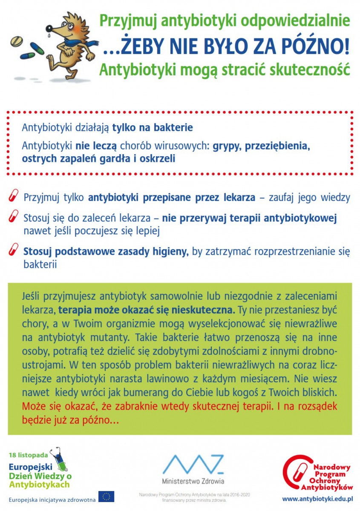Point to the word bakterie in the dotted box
point(173,128)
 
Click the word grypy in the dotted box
point(226,146)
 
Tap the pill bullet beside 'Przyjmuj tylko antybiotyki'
point(13,196)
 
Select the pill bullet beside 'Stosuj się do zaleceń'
point(13,217)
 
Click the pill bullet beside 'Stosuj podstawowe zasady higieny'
point(13,250)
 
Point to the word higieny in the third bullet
point(170,252)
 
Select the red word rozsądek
point(314,406)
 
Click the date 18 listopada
point(28,455)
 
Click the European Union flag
point(106,497)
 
